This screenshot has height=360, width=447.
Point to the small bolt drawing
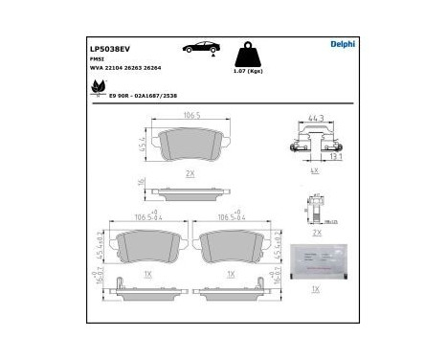tap(314, 207)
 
